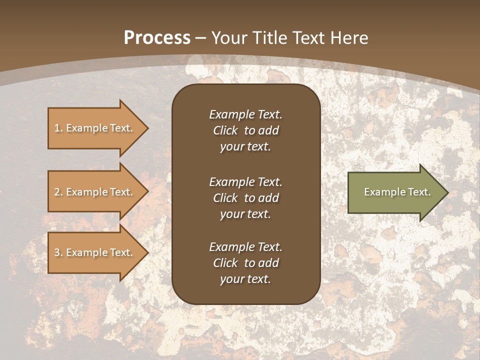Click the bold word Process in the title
(x=157, y=38)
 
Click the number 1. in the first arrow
(x=58, y=128)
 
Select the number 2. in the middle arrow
(x=58, y=192)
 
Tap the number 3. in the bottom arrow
(x=58, y=252)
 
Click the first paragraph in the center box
(x=245, y=130)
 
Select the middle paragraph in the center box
(x=245, y=198)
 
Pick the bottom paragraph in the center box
(x=245, y=263)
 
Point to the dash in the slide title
(x=200, y=38)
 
